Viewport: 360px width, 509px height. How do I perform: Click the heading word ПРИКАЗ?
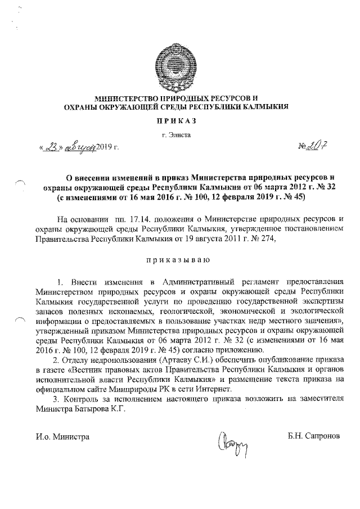tap(179, 120)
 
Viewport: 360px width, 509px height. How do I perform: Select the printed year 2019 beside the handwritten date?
tap(105, 148)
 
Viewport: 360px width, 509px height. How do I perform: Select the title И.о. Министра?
tap(62, 436)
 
